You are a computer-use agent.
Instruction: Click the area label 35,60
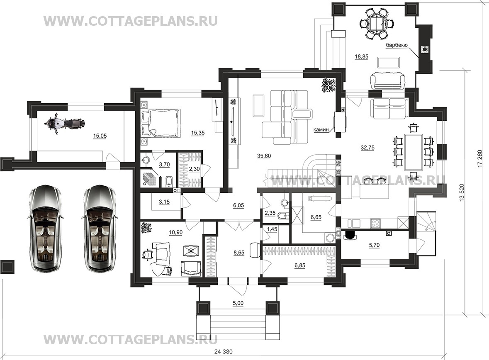[x=264, y=156]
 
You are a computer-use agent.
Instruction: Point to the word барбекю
[x=397, y=45]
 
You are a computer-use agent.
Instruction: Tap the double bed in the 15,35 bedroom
[x=161, y=123]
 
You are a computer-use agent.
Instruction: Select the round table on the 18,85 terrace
[x=377, y=24]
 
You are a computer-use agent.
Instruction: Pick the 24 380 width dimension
[x=224, y=352]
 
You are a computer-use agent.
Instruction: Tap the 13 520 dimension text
[x=462, y=193]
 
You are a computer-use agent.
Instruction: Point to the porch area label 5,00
[x=238, y=303]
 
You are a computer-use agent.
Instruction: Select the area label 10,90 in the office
[x=175, y=232]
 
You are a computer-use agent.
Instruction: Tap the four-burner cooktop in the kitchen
[x=375, y=223]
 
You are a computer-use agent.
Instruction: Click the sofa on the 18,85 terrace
[x=388, y=80]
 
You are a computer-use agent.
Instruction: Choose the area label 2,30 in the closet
[x=195, y=169]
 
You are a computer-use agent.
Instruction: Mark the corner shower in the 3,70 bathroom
[x=149, y=178]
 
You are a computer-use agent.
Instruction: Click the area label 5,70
[x=374, y=245]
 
